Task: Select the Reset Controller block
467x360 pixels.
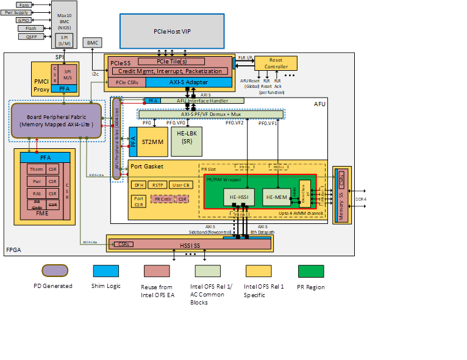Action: [x=276, y=63]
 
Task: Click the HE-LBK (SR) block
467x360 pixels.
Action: [x=187, y=137]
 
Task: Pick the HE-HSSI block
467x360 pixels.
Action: [x=234, y=196]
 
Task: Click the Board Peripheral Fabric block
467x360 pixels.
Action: [x=55, y=120]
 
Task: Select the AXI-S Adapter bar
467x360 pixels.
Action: [x=188, y=82]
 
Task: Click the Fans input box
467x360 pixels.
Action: [x=24, y=4]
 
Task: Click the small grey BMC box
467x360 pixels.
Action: [x=92, y=43]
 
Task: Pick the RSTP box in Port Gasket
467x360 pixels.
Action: [x=158, y=184]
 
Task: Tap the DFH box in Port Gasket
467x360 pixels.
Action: [x=138, y=184]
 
